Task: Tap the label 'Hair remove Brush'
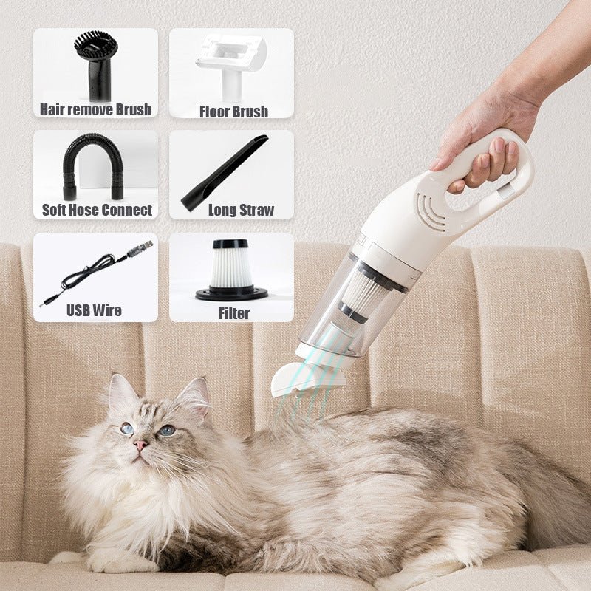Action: coord(96,109)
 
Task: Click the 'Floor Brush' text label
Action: coord(233,112)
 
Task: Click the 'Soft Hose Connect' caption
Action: coord(97,210)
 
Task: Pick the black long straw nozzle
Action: coord(225,172)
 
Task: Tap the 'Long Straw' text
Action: coord(242,210)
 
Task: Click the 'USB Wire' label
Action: coord(94,310)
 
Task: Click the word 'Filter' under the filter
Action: coord(233,313)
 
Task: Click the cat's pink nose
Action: coord(140,446)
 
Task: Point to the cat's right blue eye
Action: coord(167,430)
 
